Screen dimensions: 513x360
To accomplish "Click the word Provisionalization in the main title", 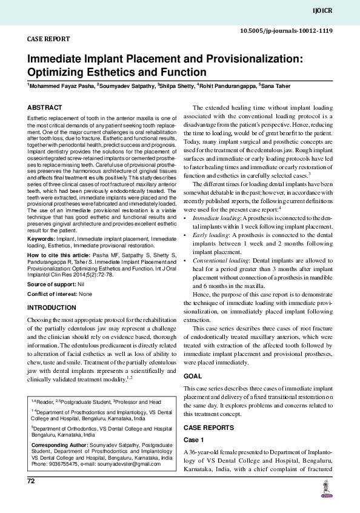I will [x=242, y=59].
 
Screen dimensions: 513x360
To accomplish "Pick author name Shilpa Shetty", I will [x=179, y=85].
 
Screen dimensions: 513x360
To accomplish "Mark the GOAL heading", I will [x=193, y=376].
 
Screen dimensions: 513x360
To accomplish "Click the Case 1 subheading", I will [x=195, y=438].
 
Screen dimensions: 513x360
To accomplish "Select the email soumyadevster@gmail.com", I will [x=132, y=463].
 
